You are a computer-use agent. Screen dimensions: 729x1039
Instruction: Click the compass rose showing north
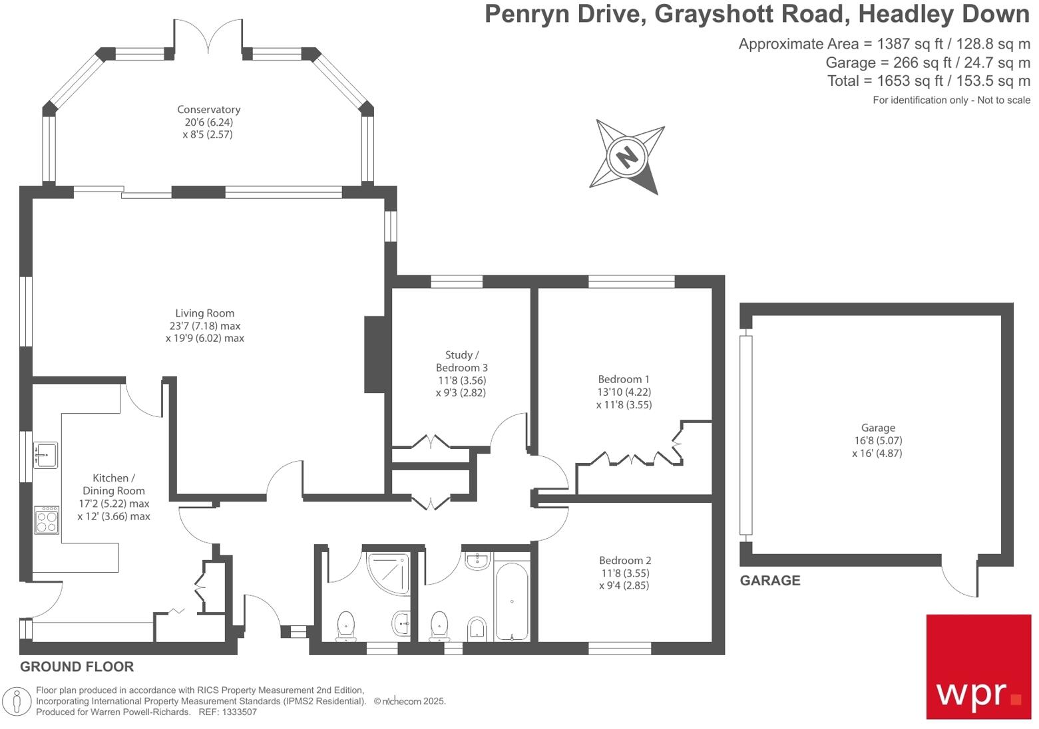[x=626, y=157]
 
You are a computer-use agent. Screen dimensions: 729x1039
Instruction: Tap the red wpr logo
[x=978, y=666]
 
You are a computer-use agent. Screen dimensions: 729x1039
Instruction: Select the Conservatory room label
[x=208, y=110]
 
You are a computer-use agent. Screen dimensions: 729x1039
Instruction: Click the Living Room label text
[x=204, y=313]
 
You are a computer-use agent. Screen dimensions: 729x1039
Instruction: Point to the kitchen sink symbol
[x=45, y=455]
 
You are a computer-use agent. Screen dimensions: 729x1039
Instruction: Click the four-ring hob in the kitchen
[x=47, y=519]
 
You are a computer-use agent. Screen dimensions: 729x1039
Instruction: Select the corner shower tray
[x=389, y=572]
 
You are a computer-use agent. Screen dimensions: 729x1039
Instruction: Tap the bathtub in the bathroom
[x=511, y=601]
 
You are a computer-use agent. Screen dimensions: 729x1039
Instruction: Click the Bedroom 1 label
[x=624, y=380]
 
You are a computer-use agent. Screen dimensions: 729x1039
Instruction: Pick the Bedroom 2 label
[x=624, y=561]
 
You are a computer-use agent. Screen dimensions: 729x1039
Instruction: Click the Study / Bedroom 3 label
[x=461, y=361]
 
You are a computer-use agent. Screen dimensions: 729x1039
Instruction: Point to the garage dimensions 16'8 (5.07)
[x=877, y=440]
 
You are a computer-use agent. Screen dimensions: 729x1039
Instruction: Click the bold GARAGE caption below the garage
[x=770, y=581]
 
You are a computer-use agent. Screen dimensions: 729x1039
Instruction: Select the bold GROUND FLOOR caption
[x=77, y=666]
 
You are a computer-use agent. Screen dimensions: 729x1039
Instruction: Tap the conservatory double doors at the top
[x=208, y=37]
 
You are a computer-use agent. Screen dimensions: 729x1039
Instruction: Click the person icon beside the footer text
[x=17, y=701]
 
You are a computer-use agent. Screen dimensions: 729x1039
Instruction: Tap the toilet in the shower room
[x=345, y=626]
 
